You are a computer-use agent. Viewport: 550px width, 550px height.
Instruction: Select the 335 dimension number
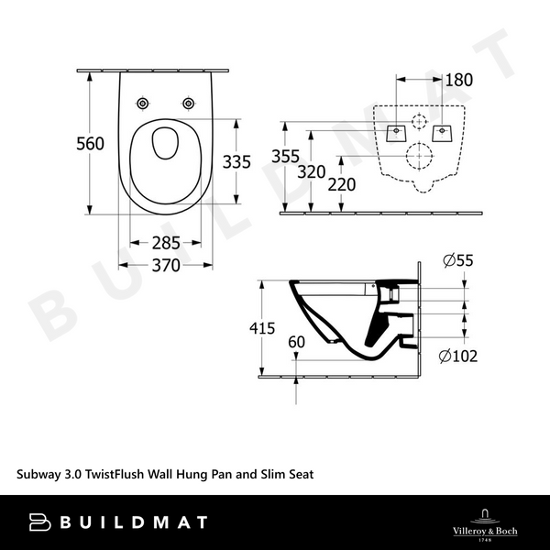point(236,161)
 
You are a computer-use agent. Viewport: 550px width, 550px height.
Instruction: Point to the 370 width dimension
point(166,265)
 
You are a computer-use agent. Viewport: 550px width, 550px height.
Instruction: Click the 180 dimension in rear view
point(458,80)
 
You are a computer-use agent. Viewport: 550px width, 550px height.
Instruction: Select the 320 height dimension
point(313,170)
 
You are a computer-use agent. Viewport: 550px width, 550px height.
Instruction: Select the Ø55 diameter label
point(457,261)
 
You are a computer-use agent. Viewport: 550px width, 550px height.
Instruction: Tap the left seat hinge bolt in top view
point(145,104)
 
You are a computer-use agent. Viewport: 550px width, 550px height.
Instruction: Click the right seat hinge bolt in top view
point(189,104)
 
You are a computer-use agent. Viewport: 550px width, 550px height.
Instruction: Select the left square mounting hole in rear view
point(396,132)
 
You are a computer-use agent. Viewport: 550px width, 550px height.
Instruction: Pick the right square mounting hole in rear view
point(443,132)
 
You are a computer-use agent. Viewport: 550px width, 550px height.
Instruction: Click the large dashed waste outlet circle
point(419,156)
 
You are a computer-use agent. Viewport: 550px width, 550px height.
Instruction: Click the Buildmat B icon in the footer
point(39,522)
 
